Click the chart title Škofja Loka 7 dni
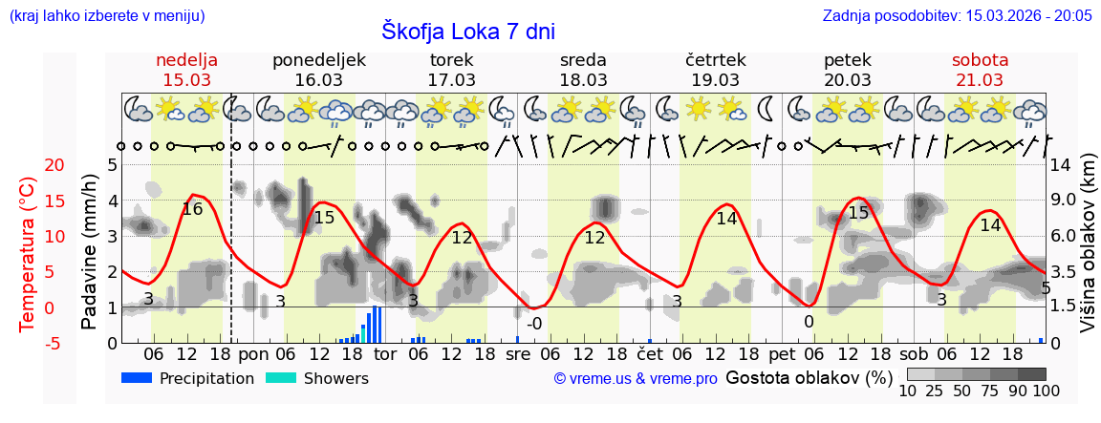[x=467, y=31]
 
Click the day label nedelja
[x=187, y=60]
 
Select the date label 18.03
[x=583, y=80]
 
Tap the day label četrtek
[x=715, y=60]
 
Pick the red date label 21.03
[x=980, y=80]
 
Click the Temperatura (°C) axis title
[x=28, y=253]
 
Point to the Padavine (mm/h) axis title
[x=89, y=253]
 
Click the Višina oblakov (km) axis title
[x=1088, y=253]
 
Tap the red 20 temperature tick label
[x=28, y=165]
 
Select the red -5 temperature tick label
[x=28, y=343]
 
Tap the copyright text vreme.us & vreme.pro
[x=636, y=379]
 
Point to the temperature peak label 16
[x=192, y=208]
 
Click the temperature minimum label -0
[x=534, y=324]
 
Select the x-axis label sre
[x=518, y=353]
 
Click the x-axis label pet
[x=782, y=353]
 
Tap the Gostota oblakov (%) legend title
[x=808, y=378]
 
